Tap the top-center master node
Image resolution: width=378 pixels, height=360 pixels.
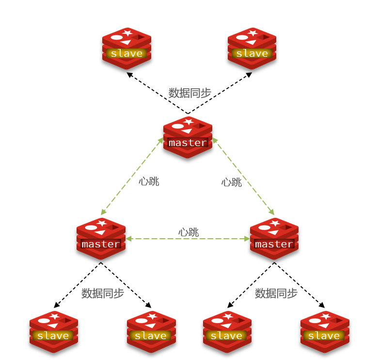click(188, 137)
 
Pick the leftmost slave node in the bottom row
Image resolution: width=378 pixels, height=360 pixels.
click(53, 331)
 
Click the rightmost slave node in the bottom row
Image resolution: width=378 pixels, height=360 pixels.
click(324, 331)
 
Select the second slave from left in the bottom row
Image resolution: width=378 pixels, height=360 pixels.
click(151, 331)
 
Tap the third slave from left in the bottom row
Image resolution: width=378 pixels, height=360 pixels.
click(227, 331)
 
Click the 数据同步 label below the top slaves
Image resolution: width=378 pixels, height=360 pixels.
click(189, 93)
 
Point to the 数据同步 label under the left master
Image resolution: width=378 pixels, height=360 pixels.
click(103, 293)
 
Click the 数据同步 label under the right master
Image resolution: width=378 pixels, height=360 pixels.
click(276, 293)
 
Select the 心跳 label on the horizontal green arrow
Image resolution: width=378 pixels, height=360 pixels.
click(189, 232)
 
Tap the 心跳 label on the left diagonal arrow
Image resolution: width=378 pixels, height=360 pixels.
click(149, 181)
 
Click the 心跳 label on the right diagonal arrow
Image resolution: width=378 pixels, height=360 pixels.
click(231, 182)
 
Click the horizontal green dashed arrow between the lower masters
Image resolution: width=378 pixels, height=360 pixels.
click(160, 239)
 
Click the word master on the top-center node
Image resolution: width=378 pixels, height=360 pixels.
click(187, 143)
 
